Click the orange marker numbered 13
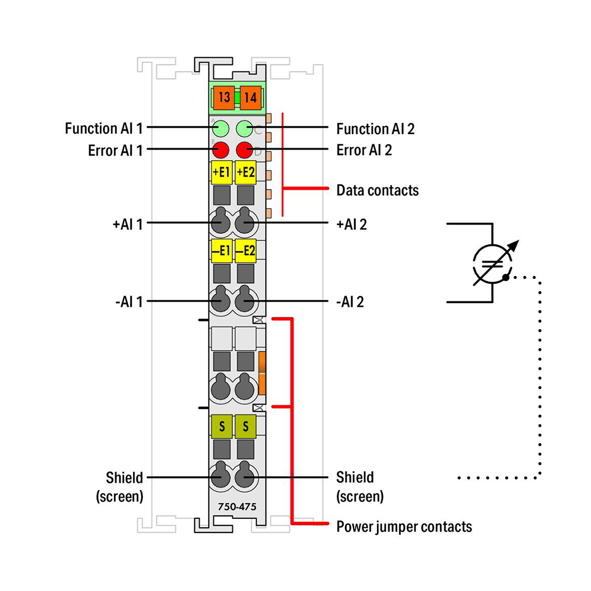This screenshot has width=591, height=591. tap(224, 98)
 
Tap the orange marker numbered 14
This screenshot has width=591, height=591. tap(250, 98)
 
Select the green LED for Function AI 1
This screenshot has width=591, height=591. tap(220, 128)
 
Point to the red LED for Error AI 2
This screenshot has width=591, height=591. tap(245, 150)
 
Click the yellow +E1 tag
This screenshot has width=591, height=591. tap(222, 172)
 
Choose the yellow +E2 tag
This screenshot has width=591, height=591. tap(246, 172)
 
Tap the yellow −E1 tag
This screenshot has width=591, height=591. tap(222, 251)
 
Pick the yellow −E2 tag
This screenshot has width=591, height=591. tap(246, 251)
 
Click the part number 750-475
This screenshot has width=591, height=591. tap(237, 507)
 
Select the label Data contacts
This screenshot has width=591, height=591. tap(377, 190)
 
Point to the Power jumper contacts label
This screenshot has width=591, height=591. tap(404, 527)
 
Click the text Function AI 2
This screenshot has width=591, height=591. tap(375, 129)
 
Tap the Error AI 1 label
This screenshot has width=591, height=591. tap(115, 150)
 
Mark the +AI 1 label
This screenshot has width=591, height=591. tap(128, 225)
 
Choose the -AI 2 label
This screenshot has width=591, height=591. tap(350, 302)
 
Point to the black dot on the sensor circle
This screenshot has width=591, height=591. tap(505, 277)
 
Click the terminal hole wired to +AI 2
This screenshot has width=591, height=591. tap(245, 222)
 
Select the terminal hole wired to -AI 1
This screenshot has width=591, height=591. tap(220, 301)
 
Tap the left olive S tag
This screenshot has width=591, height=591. tap(222, 426)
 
